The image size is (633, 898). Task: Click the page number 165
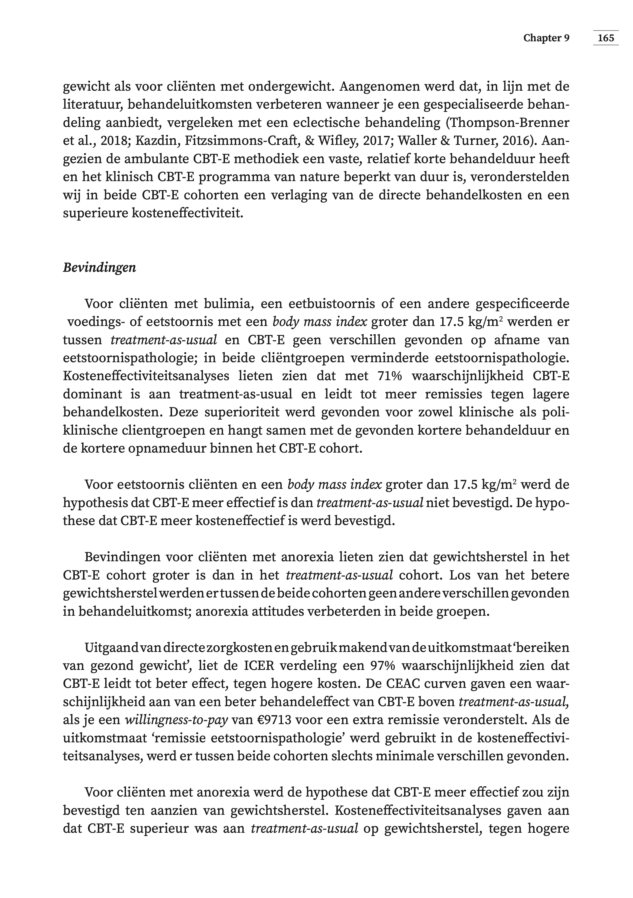pos(606,38)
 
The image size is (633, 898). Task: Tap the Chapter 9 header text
pos(546,38)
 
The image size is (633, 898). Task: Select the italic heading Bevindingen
pos(99,268)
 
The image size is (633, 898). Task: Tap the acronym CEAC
pos(423,684)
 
